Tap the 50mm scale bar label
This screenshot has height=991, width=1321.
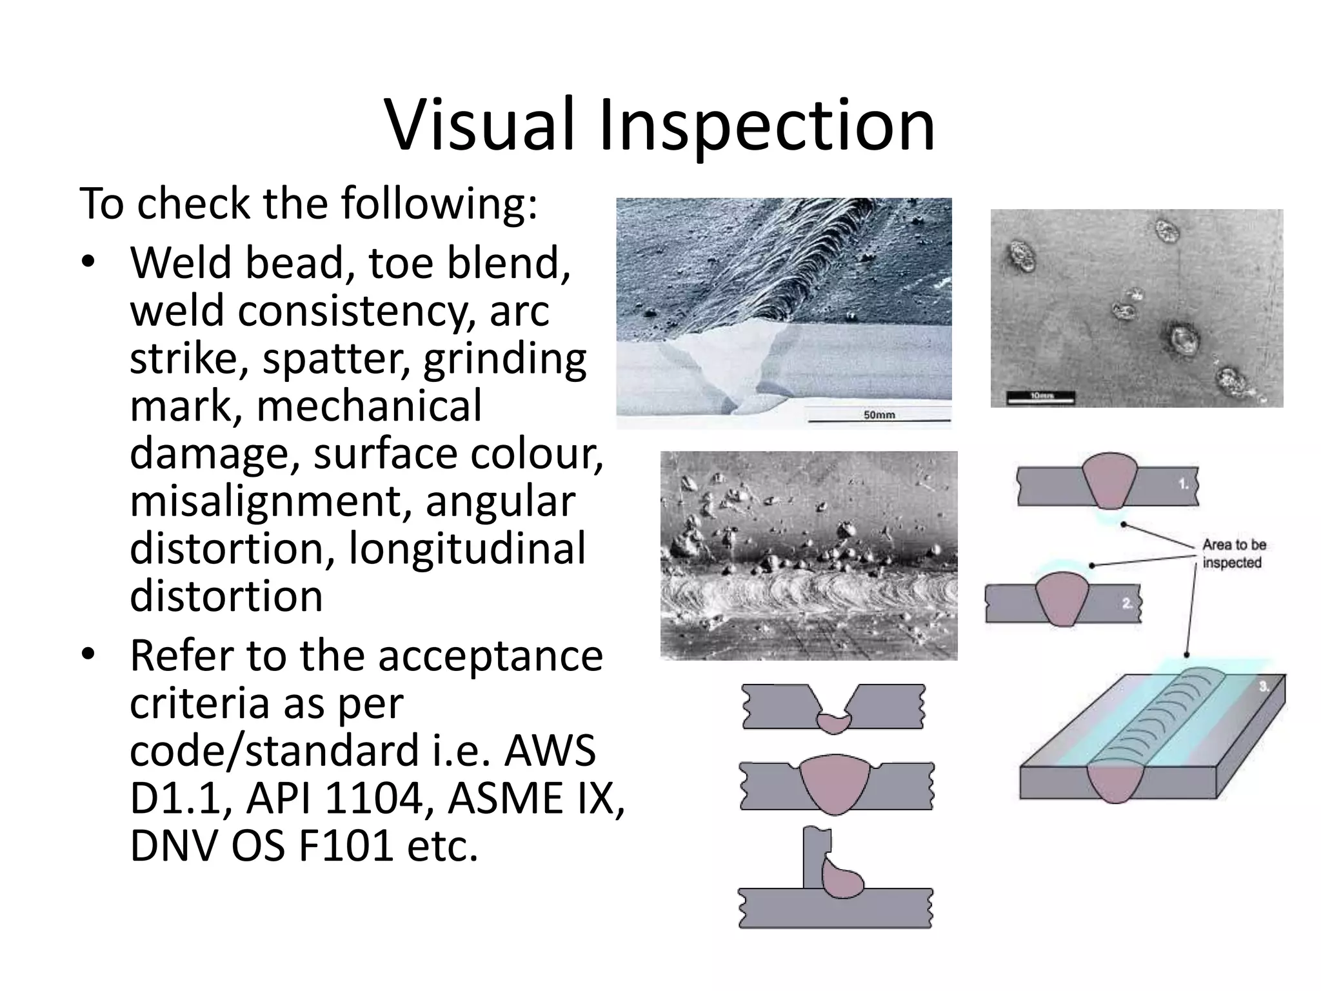(x=879, y=415)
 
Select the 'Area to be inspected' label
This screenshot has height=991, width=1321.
(x=1233, y=554)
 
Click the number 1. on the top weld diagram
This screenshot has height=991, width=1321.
(x=1184, y=484)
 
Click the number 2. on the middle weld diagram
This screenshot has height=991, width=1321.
(x=1127, y=604)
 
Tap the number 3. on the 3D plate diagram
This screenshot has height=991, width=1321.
(x=1264, y=686)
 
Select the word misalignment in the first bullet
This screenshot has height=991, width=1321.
(x=271, y=501)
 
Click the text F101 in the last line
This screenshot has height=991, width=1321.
(x=346, y=846)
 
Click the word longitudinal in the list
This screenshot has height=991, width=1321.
(x=467, y=549)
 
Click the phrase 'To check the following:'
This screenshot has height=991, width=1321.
(x=308, y=203)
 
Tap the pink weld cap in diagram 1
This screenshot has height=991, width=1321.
(x=1109, y=480)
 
